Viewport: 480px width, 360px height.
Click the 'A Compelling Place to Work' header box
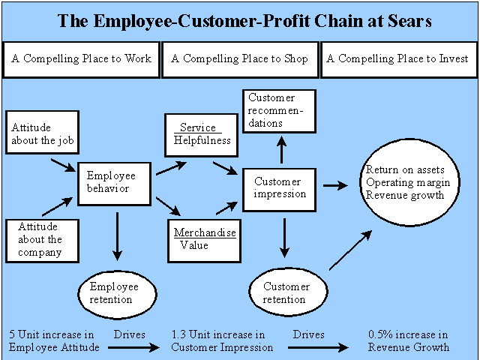point(81,60)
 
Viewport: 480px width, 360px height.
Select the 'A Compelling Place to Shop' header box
point(240,60)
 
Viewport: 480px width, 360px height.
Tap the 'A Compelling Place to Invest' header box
point(399,60)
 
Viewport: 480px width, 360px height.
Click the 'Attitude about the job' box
point(43,132)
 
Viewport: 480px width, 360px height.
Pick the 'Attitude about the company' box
point(43,241)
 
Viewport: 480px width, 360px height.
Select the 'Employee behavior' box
point(115,184)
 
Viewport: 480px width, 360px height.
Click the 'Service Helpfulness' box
point(202,135)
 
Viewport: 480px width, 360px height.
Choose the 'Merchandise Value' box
point(205,241)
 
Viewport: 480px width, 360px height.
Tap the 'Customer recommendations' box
point(279,111)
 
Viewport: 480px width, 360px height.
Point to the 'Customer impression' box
point(279,190)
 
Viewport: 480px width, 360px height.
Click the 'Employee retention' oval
point(117,295)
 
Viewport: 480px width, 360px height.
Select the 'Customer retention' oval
point(288,292)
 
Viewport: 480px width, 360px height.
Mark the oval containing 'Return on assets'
point(410,182)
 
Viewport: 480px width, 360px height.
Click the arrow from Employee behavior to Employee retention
point(117,236)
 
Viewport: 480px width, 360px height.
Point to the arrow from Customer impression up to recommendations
point(282,150)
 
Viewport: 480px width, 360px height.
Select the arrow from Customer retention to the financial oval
point(351,250)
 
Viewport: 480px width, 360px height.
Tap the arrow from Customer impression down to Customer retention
point(285,238)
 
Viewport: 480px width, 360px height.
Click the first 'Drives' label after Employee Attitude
point(130,334)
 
